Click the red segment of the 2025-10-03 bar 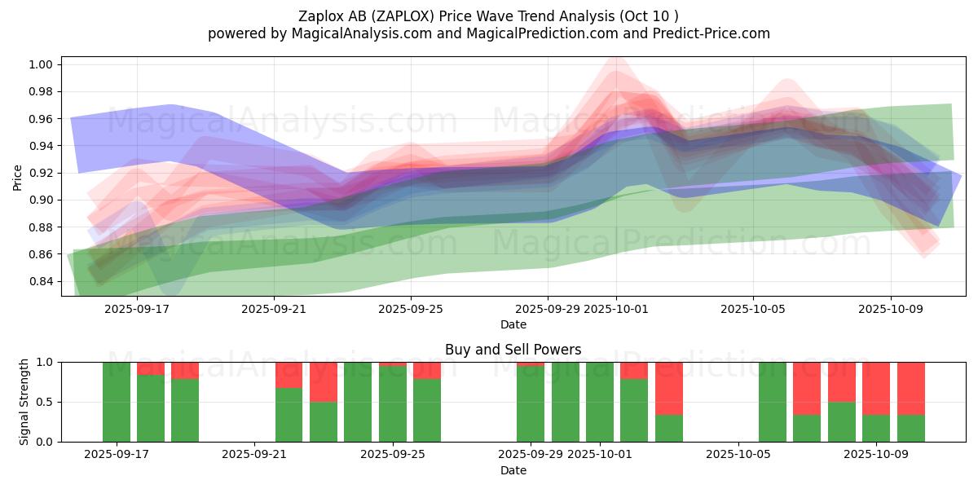tap(669, 388)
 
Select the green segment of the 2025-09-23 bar tap(324, 421)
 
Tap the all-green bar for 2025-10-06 tap(773, 402)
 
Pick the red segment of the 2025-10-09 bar tap(876, 388)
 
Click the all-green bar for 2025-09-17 tap(117, 402)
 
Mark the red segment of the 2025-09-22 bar tap(289, 374)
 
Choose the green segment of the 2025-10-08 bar tap(842, 421)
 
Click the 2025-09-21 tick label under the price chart tap(274, 309)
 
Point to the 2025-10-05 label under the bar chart tap(738, 454)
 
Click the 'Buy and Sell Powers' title tap(513, 350)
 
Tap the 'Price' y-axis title tap(18, 176)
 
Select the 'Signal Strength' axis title tap(24, 402)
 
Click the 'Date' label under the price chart tap(513, 324)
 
